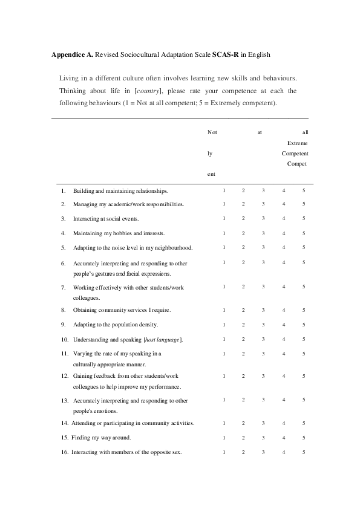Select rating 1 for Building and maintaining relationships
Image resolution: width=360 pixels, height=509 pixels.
point(224,190)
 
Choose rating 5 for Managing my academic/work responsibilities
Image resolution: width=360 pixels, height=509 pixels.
point(304,204)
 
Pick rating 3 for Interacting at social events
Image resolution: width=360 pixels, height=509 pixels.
point(263,218)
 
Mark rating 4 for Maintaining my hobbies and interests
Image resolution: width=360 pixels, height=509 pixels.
point(284,233)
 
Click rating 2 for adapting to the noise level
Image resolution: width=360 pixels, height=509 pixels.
point(243,247)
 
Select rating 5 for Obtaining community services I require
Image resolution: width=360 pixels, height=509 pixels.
point(304,310)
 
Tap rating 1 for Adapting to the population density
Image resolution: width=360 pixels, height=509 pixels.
point(224,325)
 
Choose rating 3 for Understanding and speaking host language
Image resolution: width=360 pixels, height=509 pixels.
point(263,339)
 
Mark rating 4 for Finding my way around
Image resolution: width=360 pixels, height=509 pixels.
point(284,437)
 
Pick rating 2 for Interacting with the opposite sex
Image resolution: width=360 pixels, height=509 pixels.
point(243,452)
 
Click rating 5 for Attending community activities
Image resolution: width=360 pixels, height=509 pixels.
point(304,423)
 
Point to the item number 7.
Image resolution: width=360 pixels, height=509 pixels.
point(63,287)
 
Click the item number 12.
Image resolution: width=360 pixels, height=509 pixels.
point(64,376)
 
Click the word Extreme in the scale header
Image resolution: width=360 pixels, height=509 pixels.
point(297,143)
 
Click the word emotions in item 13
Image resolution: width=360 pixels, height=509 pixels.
point(103,411)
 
